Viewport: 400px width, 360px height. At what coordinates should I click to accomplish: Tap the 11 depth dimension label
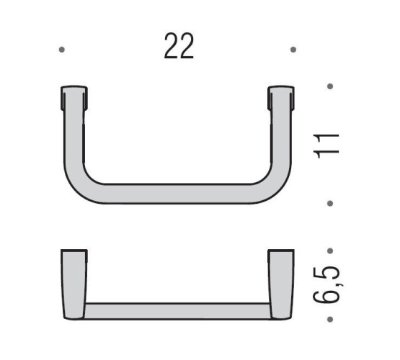329,145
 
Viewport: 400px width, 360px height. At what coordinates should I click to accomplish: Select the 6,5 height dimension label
329,285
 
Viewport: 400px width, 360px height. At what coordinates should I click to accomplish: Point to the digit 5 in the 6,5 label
329,271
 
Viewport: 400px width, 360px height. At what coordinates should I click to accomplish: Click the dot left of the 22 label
62,50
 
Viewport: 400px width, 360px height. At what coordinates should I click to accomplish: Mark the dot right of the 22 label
293,50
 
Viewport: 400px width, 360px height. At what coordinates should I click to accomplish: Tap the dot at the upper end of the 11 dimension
329,86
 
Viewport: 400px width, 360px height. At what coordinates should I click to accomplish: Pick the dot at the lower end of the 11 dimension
329,204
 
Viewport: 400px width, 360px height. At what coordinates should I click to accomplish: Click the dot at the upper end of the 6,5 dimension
329,251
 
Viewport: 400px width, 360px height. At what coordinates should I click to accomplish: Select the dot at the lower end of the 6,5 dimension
329,318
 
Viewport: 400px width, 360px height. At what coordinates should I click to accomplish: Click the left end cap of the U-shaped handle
74,99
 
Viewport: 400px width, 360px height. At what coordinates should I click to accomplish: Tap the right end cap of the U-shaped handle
281,99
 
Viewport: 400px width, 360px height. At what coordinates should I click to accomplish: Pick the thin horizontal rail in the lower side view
177,310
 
